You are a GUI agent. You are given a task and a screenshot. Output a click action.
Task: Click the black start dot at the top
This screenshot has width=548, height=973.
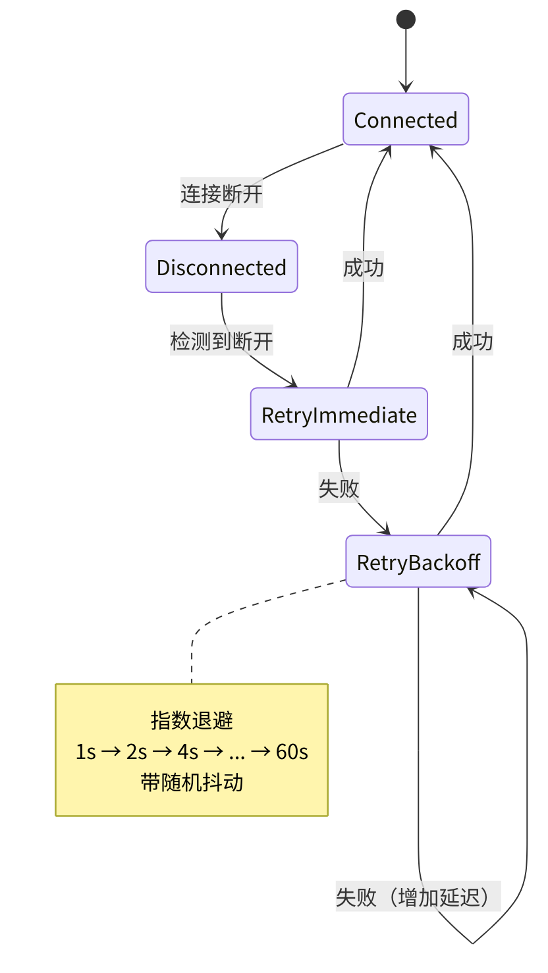click(406, 20)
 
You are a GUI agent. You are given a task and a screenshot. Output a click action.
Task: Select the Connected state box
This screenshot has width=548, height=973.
click(406, 119)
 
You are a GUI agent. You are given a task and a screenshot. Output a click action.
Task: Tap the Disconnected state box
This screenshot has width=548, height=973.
click(221, 267)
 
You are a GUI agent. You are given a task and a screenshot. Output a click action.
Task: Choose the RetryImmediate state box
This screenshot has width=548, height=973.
click(339, 414)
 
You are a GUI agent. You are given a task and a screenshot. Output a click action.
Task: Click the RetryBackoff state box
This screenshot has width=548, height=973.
click(418, 562)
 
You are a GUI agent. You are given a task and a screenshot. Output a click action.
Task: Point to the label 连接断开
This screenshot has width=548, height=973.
click(221, 194)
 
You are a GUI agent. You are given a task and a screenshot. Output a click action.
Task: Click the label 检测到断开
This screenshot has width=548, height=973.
click(221, 342)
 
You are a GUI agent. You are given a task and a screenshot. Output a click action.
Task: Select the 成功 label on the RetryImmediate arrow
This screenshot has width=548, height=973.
click(363, 268)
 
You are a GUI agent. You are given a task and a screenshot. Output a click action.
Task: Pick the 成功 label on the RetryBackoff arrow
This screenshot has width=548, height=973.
click(472, 342)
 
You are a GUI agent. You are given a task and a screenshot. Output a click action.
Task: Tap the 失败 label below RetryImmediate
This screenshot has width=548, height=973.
click(339, 488)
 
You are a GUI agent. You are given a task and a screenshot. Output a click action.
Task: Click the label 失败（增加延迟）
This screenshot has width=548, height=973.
click(418, 897)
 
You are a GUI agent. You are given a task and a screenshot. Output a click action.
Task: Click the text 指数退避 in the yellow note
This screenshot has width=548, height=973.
click(192, 720)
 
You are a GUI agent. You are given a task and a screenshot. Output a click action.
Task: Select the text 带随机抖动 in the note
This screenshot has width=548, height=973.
click(192, 782)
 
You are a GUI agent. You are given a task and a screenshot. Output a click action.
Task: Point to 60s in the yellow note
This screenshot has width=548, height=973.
click(292, 751)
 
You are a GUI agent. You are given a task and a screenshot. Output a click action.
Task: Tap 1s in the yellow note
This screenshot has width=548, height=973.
click(86, 751)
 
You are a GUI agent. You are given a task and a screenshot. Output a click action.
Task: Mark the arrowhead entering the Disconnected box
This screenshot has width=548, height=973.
click(221, 235)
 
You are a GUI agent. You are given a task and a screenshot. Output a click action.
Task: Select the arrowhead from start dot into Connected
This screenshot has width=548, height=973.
click(406, 88)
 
